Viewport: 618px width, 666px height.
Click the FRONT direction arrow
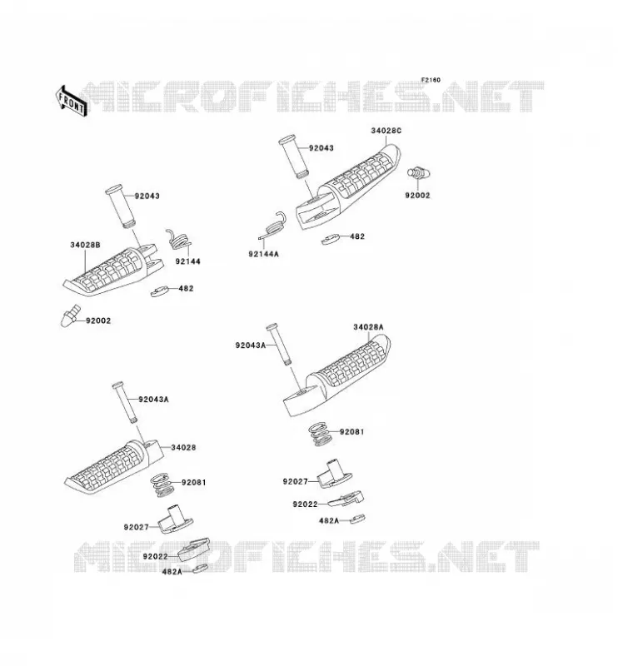72,101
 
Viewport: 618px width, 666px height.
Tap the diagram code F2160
431,80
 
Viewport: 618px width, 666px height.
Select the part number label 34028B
86,245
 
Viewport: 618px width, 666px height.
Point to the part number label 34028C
386,131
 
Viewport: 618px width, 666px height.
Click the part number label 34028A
368,327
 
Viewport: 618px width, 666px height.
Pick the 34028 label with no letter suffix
183,447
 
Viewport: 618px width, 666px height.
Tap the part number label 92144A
263,254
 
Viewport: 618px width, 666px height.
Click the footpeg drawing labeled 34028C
348,186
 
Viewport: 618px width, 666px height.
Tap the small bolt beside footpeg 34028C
419,173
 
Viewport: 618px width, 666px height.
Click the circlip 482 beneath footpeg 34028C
331,239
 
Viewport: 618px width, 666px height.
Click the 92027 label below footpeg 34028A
296,481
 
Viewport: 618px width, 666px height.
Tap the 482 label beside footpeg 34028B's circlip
187,288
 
